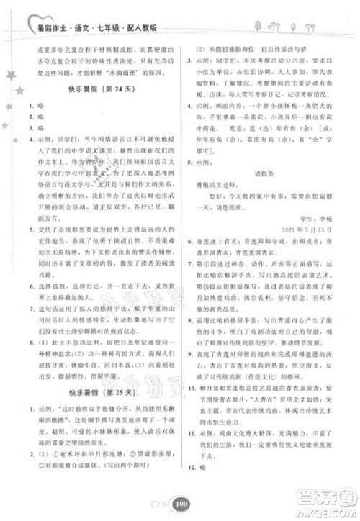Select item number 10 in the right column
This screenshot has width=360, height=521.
pyautogui.click(x=194, y=407)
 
